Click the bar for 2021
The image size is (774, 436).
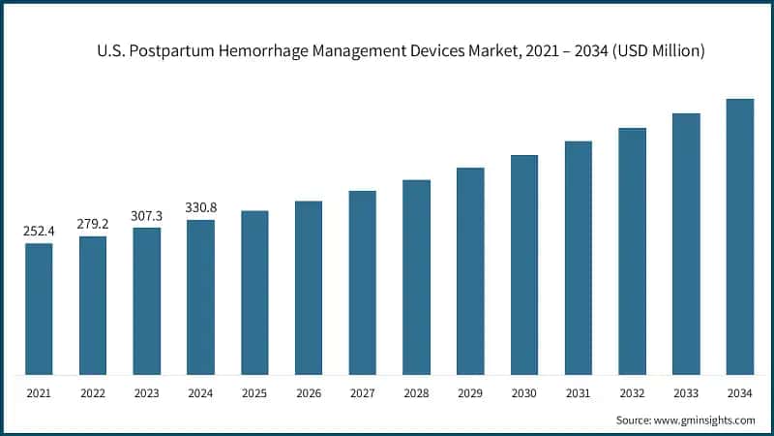tap(39, 308)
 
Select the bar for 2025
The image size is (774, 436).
tap(254, 292)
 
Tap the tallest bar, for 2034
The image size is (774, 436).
tap(740, 236)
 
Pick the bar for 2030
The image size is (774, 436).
tap(524, 265)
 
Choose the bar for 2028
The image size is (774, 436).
tap(416, 277)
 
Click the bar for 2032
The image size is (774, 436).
tap(632, 251)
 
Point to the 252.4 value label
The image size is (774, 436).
tap(39, 232)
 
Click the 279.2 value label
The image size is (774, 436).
tap(93, 224)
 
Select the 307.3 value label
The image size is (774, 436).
tap(147, 216)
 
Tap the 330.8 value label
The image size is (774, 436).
tap(200, 208)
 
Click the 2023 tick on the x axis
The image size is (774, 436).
tap(147, 393)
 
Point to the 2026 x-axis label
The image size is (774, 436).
tap(309, 393)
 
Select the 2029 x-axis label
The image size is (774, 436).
tap(470, 393)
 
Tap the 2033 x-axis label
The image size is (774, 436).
tap(686, 393)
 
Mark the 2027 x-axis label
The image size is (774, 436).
tap(363, 393)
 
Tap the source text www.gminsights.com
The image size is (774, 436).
tap(706, 420)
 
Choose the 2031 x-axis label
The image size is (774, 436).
tap(579, 393)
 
